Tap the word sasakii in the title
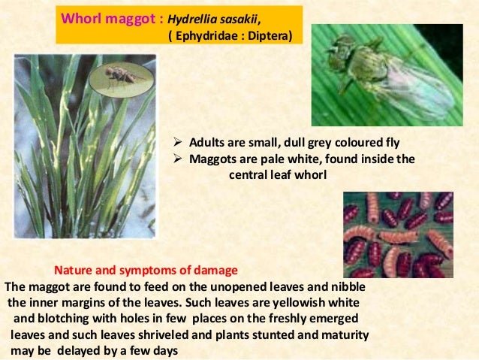(239, 17)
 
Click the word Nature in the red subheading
(74, 271)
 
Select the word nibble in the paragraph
(353, 286)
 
